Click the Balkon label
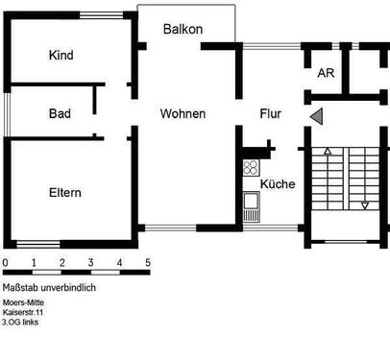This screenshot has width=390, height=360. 183,29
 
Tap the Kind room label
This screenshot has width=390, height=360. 61,56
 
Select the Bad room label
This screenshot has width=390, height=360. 60,113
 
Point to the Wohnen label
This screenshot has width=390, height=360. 183,113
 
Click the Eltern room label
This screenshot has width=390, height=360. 64,192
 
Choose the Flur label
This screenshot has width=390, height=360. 271,113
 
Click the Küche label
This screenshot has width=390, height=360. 278,184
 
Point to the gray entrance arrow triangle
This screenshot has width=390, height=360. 316,116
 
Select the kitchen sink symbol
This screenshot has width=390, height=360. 252,202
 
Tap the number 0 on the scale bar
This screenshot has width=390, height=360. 5,262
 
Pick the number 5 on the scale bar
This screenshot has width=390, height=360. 148,262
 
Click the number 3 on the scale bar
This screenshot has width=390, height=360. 90,262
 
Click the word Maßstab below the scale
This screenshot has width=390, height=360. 25,287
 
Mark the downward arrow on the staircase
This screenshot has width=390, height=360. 364,204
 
